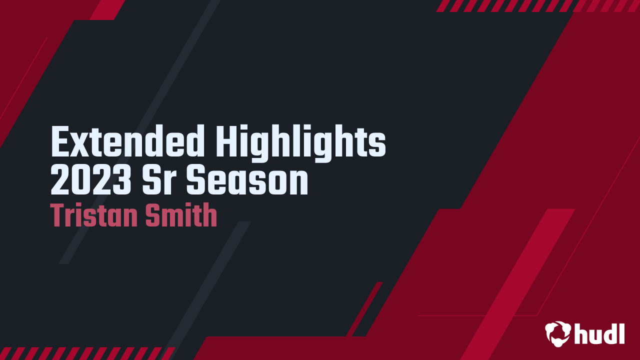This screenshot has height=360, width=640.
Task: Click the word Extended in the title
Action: tap(127, 141)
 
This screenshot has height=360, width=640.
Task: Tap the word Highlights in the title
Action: tap(301, 143)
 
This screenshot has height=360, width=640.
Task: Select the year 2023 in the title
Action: tap(89, 181)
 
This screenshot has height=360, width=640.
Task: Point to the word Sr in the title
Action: tap(158, 181)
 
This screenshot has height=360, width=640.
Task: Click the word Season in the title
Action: tap(247, 181)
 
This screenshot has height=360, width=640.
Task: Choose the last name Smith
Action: tap(181, 215)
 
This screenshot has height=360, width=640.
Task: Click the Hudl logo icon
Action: tap(557, 334)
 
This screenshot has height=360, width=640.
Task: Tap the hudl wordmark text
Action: tap(599, 333)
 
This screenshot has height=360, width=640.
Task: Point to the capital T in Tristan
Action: tap(58, 215)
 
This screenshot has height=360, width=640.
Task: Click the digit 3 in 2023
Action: tap(117, 181)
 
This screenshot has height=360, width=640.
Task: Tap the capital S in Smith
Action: tap(152, 215)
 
